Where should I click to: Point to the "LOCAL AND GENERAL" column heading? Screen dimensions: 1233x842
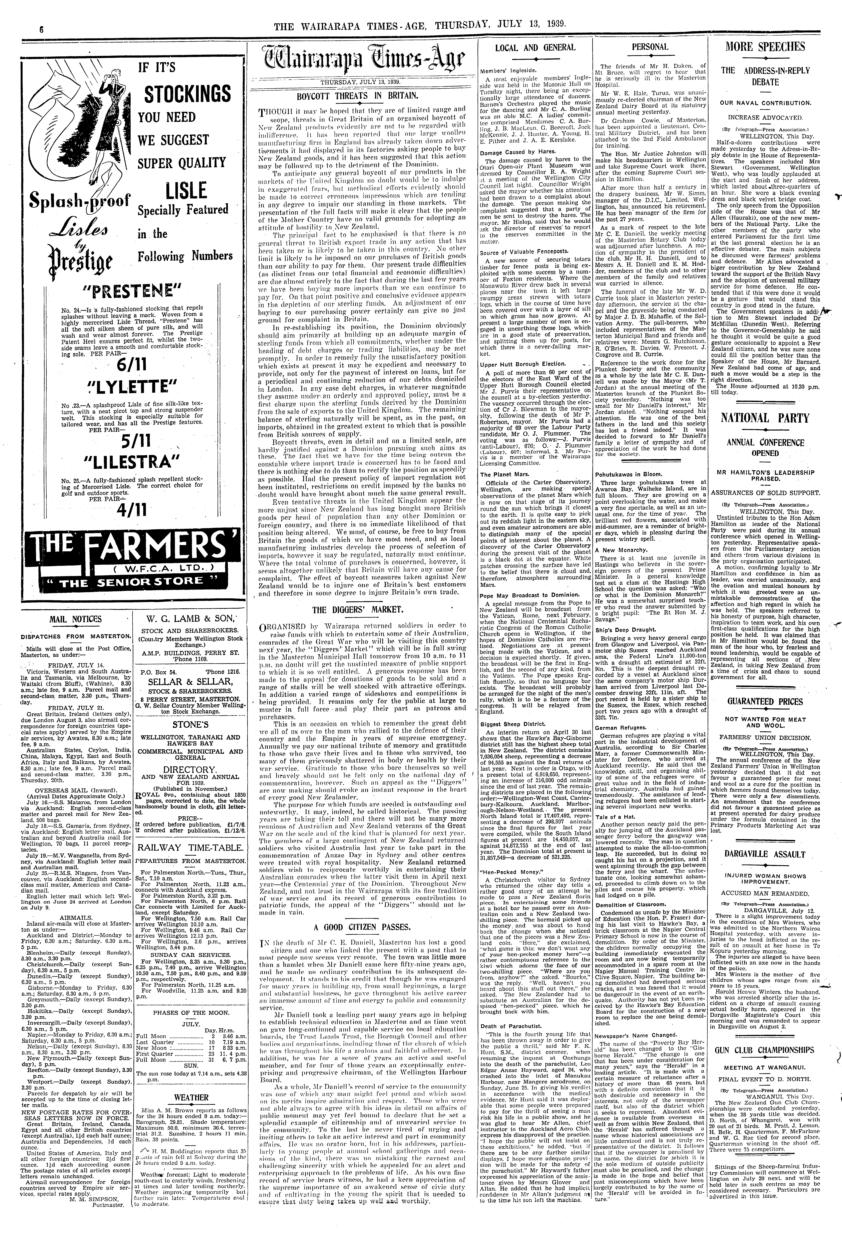coord(535,47)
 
